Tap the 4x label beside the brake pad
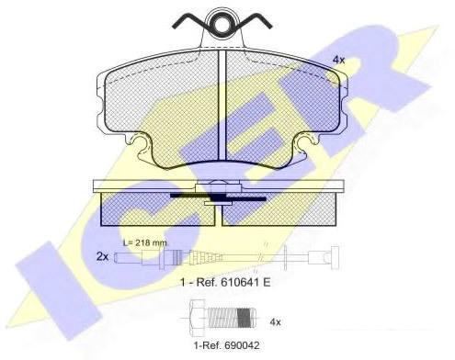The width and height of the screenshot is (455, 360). [338, 60]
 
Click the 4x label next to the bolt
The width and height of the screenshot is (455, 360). [275, 321]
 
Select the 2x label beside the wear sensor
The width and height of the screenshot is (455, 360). [102, 256]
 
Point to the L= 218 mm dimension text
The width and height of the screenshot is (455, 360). [145, 243]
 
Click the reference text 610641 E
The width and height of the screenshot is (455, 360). [225, 282]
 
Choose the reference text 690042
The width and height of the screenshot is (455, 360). [226, 345]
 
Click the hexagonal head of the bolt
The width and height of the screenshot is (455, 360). [198, 318]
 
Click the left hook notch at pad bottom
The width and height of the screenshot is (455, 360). [142, 145]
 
